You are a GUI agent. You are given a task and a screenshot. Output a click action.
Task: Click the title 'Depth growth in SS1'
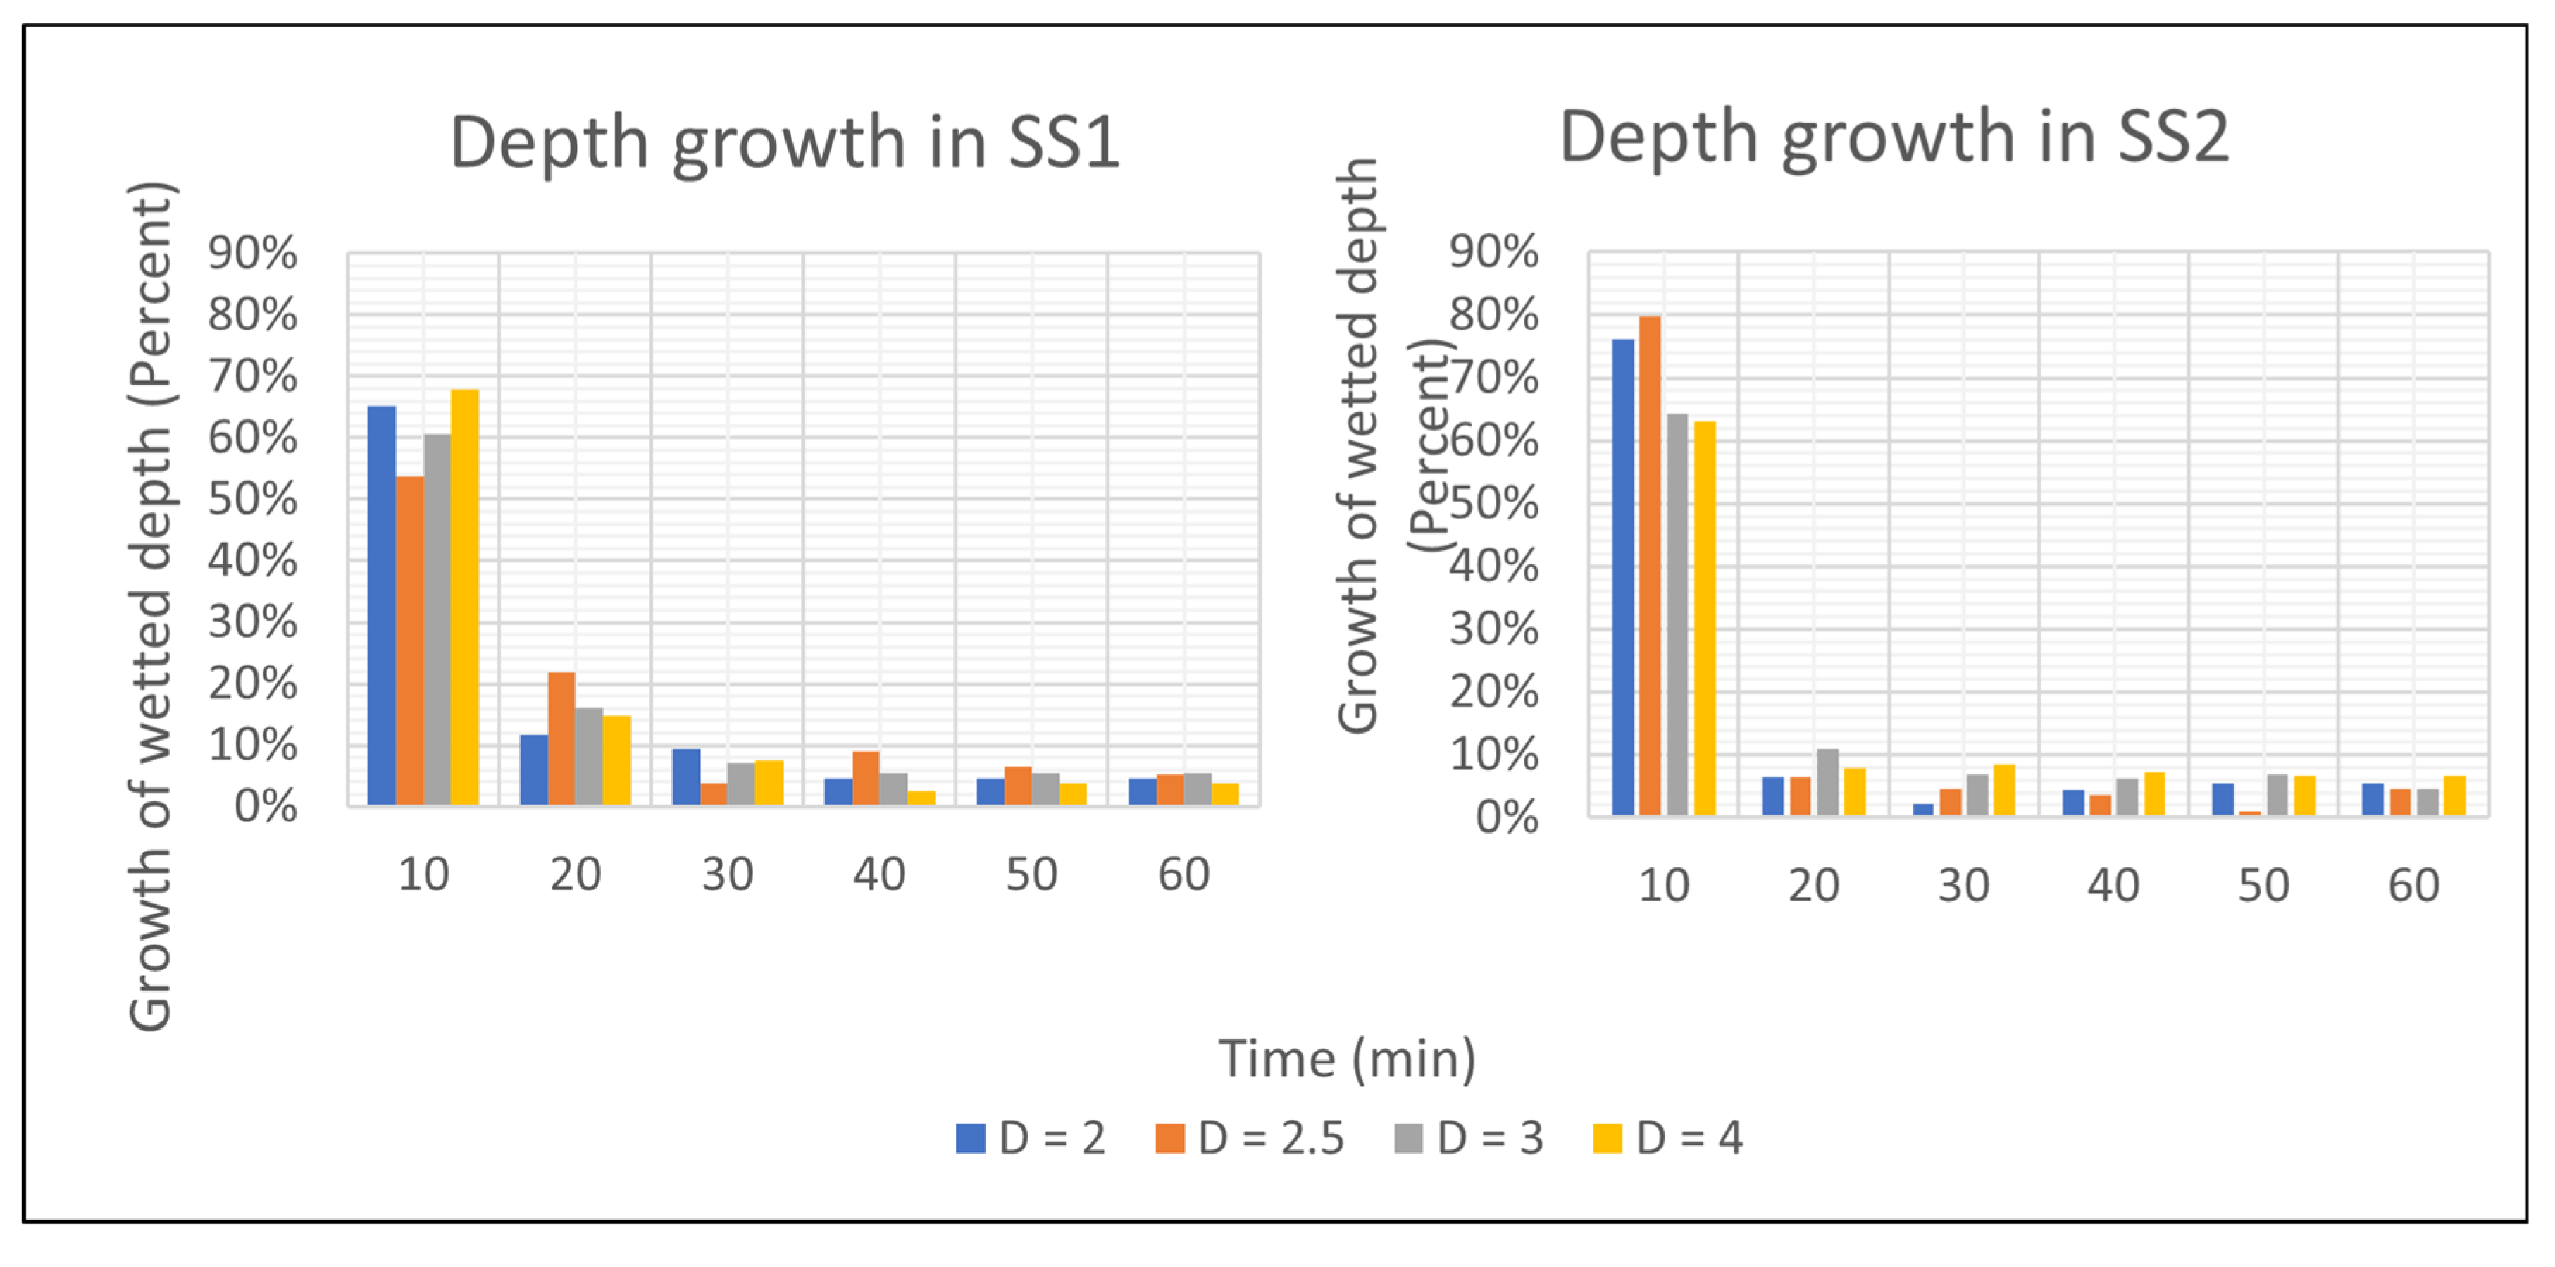pyautogui.click(x=785, y=142)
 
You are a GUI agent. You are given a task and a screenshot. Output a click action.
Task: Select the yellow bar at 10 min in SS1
pyautogui.click(x=464, y=596)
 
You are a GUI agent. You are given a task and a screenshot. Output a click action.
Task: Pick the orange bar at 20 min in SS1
pyautogui.click(x=561, y=738)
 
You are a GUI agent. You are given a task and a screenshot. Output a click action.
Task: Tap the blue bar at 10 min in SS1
pyautogui.click(x=382, y=605)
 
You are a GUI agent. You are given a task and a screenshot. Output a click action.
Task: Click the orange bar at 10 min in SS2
pyautogui.click(x=1649, y=566)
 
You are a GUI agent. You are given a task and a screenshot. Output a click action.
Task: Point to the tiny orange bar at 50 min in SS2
pyautogui.click(x=2249, y=812)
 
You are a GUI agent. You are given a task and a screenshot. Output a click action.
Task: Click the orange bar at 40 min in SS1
pyautogui.click(x=866, y=778)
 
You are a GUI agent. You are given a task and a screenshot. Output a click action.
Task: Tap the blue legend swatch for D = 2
pyautogui.click(x=970, y=1138)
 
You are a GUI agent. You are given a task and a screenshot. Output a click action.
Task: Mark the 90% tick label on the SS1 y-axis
pyautogui.click(x=252, y=253)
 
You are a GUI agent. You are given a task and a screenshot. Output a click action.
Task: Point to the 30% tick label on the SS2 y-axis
pyautogui.click(x=1493, y=629)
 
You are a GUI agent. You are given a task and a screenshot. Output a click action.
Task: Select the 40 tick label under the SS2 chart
pyautogui.click(x=2113, y=885)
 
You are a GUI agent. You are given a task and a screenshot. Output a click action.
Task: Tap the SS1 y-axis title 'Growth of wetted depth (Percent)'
pyautogui.click(x=151, y=605)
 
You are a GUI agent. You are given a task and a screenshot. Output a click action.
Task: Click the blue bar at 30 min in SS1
pyautogui.click(x=685, y=777)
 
